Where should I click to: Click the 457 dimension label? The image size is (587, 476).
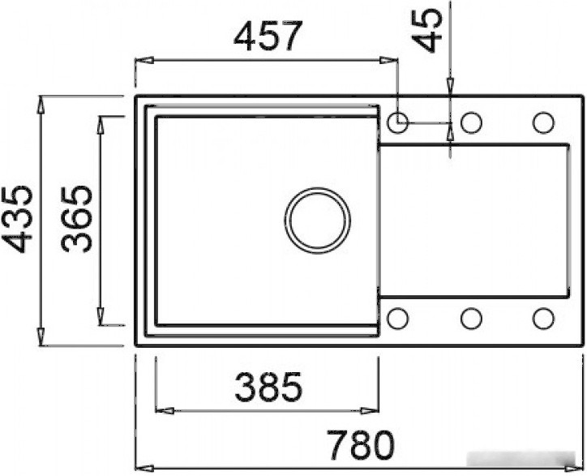[x=268, y=36]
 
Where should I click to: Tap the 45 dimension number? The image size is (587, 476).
[x=428, y=29]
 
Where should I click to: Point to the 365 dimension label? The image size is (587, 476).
[x=76, y=219]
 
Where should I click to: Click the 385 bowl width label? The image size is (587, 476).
[x=268, y=386]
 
